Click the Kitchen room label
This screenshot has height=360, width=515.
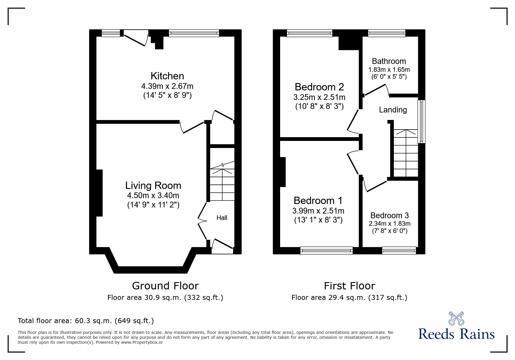167,76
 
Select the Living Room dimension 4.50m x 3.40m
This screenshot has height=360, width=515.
153,195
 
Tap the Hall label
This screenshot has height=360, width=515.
222,218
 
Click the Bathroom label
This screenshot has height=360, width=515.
389,61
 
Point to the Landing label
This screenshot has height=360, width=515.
393,110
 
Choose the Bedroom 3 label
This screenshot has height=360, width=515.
389,215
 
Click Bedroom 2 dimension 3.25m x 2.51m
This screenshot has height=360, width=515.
319,97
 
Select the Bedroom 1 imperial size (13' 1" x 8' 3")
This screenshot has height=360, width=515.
318,220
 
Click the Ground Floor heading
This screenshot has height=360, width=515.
165,286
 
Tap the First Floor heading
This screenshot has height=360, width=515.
350,286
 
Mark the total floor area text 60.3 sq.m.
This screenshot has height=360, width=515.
86,321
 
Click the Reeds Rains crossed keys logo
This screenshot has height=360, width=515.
456,318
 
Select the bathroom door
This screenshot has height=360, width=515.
376,90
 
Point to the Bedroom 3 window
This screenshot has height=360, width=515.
399,250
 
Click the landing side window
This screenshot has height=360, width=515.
421,121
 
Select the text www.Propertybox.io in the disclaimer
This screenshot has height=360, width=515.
142,342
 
